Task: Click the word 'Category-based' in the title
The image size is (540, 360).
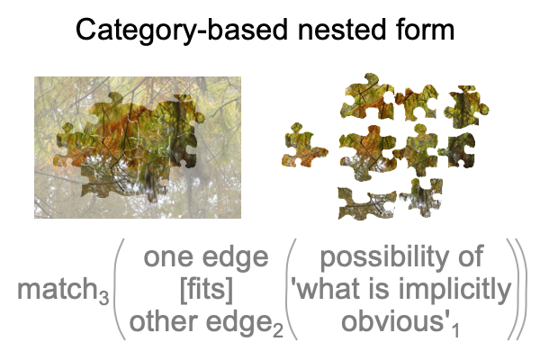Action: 182,31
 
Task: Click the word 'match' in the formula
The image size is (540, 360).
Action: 58,289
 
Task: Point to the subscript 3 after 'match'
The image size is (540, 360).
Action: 104,297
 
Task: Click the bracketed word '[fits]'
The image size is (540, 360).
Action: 206,289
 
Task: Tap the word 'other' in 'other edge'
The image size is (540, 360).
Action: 165,321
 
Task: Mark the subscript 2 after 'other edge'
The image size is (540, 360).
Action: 278,329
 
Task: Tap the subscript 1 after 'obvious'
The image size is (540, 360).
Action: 455,329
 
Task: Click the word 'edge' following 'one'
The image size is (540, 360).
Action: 235,257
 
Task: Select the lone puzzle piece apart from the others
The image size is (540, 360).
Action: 304,146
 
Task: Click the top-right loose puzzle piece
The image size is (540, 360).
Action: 466,106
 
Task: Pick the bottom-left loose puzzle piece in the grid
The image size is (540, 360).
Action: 367,203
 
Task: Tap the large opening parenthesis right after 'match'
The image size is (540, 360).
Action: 119,289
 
